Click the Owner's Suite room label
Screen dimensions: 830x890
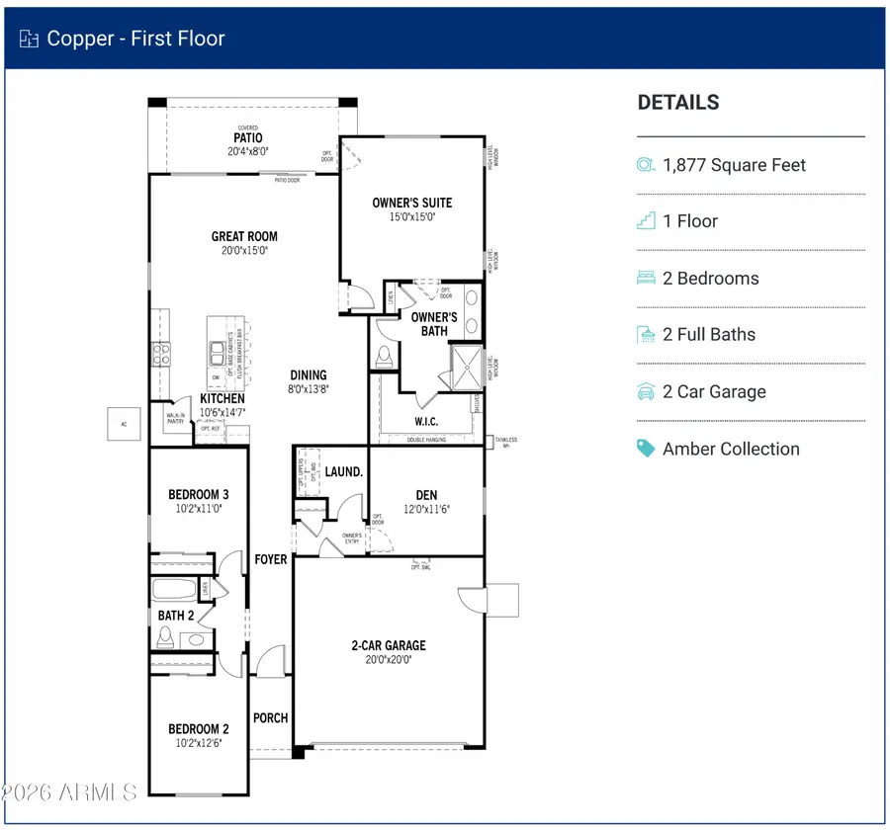click(x=412, y=203)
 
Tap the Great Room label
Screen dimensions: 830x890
click(x=244, y=236)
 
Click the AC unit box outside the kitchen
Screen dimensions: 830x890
click(x=123, y=423)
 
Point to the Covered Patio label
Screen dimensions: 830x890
click(x=247, y=137)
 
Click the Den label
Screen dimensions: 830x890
click(x=426, y=495)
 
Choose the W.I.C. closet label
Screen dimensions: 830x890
click(x=426, y=422)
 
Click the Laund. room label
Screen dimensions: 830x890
click(x=345, y=472)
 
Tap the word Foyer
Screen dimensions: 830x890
click(x=270, y=559)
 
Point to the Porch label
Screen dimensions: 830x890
click(x=270, y=717)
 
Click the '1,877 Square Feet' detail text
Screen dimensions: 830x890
click(x=734, y=165)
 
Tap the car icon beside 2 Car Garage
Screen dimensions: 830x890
click(x=647, y=392)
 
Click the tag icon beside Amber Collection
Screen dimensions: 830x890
click(x=647, y=449)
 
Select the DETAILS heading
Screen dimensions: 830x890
click(x=678, y=103)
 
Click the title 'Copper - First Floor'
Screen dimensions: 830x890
click(x=136, y=39)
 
